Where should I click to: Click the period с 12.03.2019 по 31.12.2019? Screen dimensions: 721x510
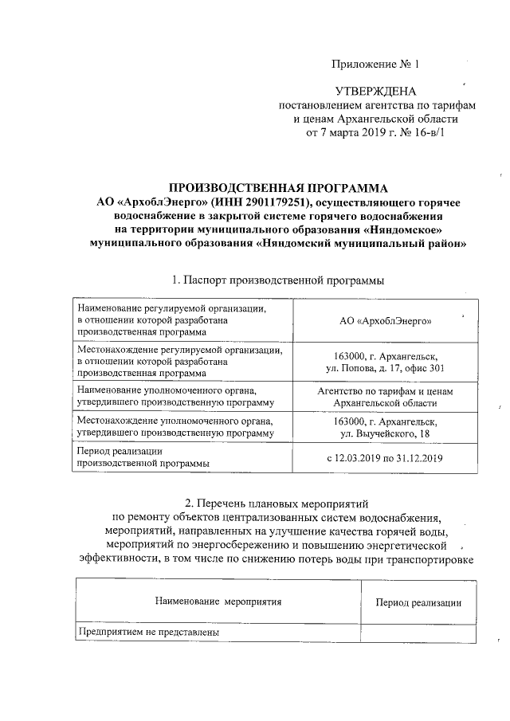[x=386, y=457]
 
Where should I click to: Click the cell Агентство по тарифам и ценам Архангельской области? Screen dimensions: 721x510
[x=386, y=398]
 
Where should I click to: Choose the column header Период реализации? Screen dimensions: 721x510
[x=419, y=602]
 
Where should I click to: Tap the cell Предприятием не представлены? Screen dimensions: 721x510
[x=147, y=633]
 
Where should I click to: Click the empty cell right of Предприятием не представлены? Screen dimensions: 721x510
[x=419, y=633]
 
